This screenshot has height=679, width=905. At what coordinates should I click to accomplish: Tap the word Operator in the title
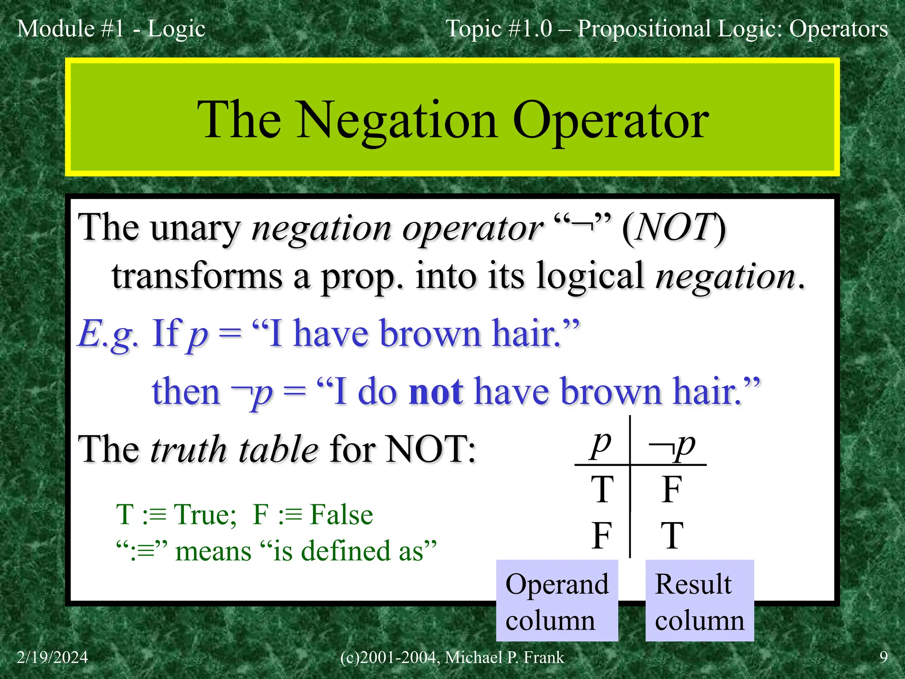click(x=610, y=121)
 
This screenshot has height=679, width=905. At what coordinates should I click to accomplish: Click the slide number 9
click(x=883, y=657)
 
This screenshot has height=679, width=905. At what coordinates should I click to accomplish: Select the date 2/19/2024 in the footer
click(x=52, y=657)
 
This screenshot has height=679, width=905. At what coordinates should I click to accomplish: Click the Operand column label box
click(x=557, y=601)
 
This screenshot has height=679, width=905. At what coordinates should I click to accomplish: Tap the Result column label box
click(x=700, y=601)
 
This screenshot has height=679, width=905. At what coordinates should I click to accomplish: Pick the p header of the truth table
click(x=601, y=443)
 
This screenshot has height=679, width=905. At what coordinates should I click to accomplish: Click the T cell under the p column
click(x=602, y=489)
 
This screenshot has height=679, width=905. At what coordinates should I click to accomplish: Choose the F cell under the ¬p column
click(x=672, y=489)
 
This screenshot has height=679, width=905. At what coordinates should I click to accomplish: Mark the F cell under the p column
click(x=601, y=535)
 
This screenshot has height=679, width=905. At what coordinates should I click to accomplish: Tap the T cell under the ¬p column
click(x=672, y=535)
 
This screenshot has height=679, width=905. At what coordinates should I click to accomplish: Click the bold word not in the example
click(x=436, y=392)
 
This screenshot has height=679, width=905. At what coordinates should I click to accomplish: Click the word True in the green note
click(x=205, y=515)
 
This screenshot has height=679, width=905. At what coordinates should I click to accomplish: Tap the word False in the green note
click(x=341, y=515)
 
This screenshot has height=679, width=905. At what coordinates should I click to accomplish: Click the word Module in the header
click(x=56, y=29)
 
